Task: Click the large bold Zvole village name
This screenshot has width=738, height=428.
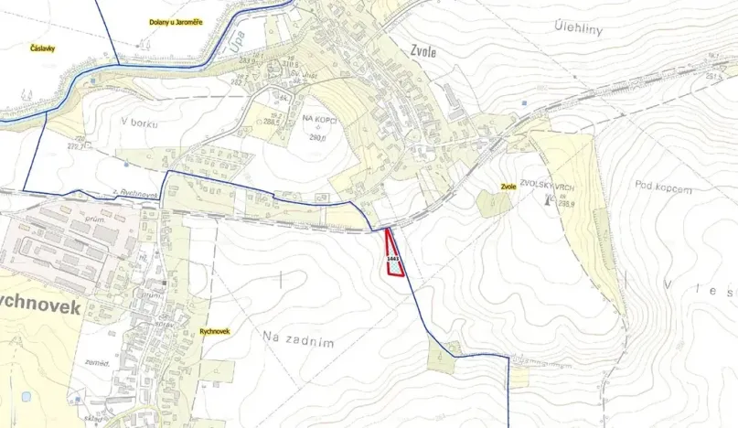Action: click(424, 52)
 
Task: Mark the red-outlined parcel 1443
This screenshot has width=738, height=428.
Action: click(394, 259)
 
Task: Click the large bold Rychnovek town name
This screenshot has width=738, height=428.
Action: click(40, 308)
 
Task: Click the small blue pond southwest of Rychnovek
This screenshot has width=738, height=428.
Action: click(26, 397)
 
